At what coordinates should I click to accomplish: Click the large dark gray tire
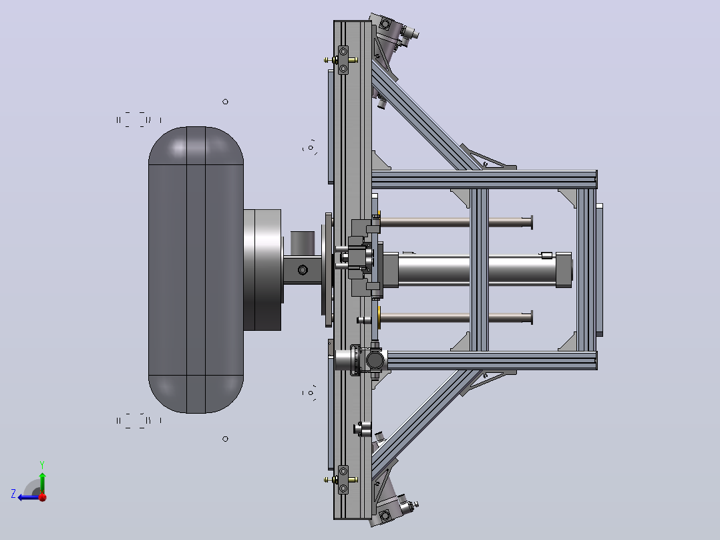(196, 270)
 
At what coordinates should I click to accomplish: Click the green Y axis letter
(42, 464)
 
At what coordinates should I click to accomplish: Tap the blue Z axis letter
(13, 494)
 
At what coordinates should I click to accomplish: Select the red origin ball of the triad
(43, 497)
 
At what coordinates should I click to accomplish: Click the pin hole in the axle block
(303, 270)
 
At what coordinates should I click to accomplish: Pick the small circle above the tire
(225, 102)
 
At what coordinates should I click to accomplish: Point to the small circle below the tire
(225, 439)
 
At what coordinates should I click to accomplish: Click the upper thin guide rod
(456, 223)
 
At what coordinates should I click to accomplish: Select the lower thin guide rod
(456, 317)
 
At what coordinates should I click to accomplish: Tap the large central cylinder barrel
(477, 270)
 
